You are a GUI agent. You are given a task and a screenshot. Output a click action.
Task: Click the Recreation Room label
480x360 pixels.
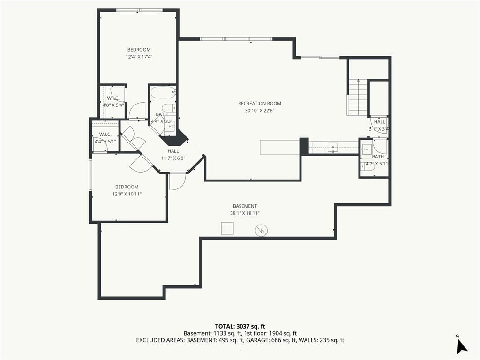[x=260, y=104]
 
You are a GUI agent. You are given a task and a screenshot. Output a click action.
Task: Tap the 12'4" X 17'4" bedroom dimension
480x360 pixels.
[x=139, y=57]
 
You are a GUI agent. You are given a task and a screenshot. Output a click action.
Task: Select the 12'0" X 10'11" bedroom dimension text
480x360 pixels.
[x=127, y=194]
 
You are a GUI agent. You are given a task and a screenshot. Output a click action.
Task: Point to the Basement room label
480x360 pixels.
[x=245, y=206]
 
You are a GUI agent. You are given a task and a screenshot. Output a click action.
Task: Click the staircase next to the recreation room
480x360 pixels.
[x=357, y=97]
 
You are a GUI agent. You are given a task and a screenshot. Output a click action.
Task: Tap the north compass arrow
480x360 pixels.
[x=462, y=346]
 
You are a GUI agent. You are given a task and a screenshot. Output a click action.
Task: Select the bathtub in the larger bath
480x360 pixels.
[x=163, y=92]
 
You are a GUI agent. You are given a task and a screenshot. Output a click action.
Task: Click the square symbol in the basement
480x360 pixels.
[x=227, y=228]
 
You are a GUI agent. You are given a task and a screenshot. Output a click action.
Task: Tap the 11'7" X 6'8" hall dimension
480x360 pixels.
[x=173, y=158]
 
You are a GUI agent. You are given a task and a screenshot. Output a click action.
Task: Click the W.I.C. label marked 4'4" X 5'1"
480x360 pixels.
[x=105, y=135]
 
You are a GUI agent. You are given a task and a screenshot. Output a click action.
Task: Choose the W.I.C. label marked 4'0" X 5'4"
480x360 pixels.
[x=113, y=98]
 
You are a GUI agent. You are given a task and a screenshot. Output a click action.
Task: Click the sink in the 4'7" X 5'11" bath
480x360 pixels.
[x=367, y=150]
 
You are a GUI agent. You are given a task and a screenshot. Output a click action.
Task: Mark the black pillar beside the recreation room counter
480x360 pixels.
[x=304, y=146]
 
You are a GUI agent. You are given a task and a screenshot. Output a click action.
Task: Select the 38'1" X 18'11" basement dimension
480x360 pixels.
[x=245, y=213]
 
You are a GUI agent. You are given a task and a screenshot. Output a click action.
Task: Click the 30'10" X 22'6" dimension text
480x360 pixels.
[x=260, y=111]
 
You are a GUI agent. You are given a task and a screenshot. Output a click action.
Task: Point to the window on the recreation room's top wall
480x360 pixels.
[x=236, y=39]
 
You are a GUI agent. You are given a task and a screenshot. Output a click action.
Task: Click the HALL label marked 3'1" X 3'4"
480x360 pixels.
[x=380, y=122]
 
